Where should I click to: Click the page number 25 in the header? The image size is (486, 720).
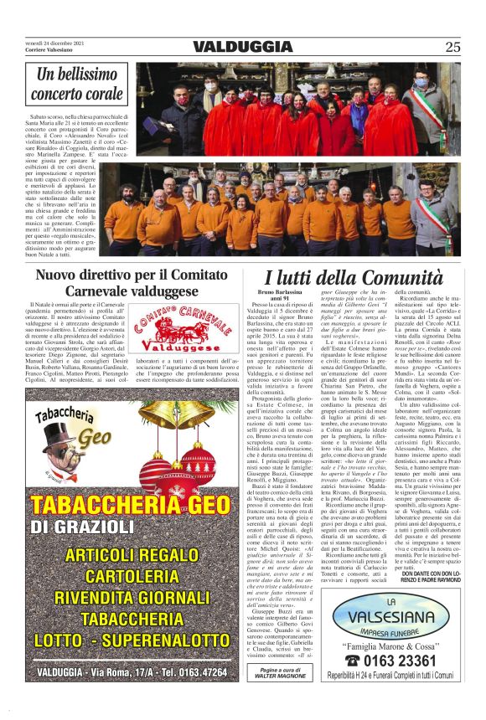pyautogui.click(x=452, y=47)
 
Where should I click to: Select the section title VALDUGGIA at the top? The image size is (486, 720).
pyautogui.click(x=242, y=47)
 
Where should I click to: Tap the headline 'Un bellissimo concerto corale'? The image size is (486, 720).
pyautogui.click(x=79, y=85)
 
